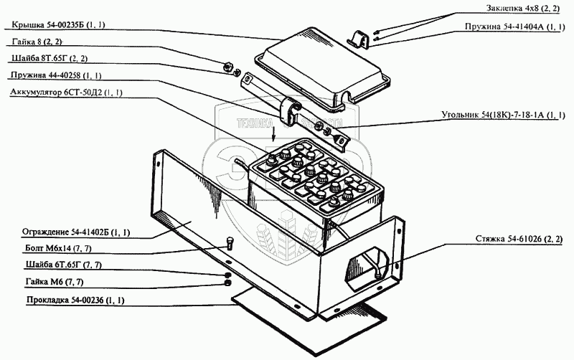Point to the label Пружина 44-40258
point(55,75)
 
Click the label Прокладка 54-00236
point(63,300)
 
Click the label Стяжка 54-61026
point(521,237)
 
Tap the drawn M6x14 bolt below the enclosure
point(228,242)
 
